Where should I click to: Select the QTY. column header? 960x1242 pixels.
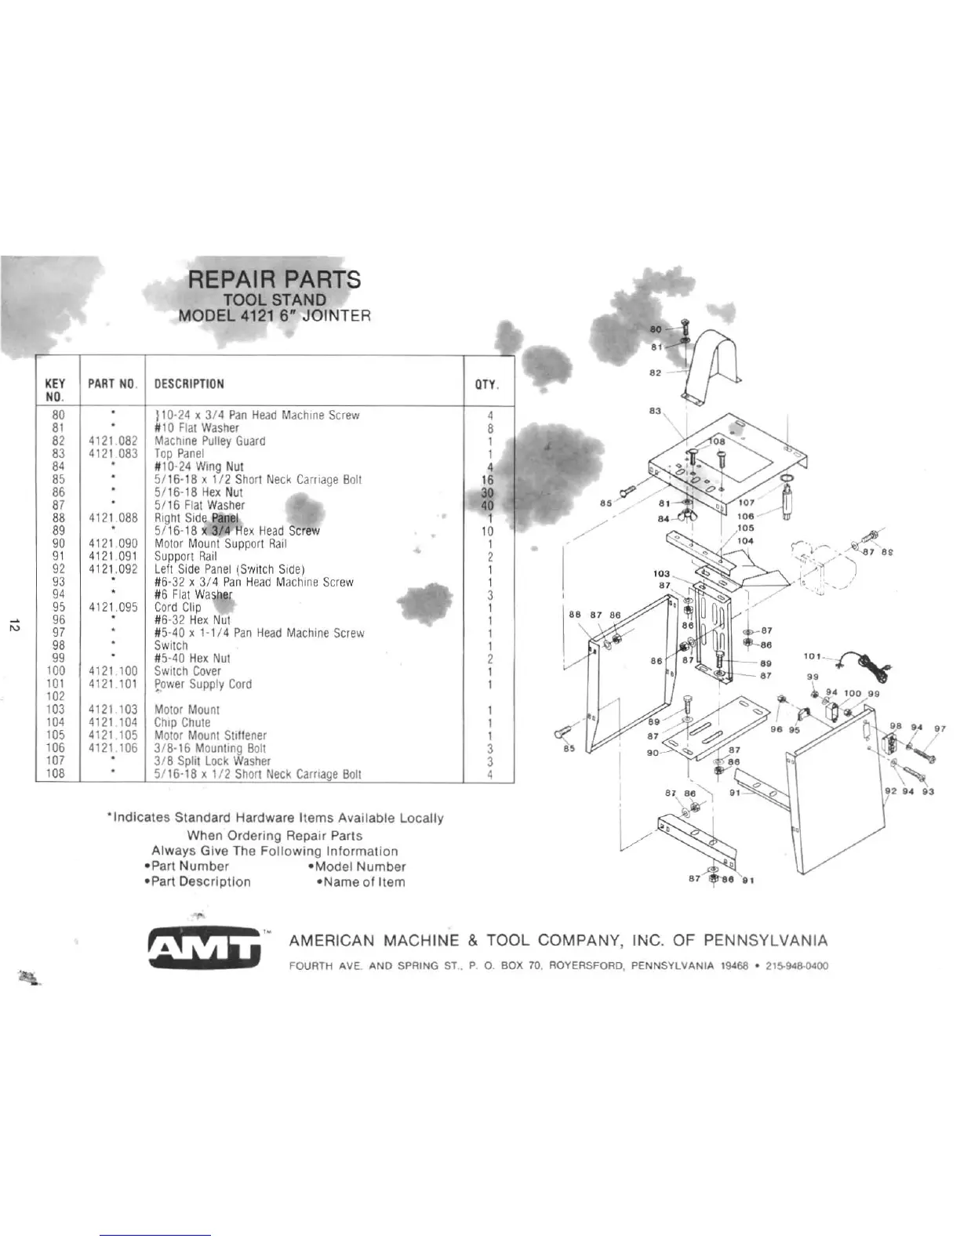click(x=488, y=384)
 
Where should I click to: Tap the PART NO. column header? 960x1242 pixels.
click(x=113, y=384)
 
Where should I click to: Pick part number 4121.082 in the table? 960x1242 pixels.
click(x=113, y=441)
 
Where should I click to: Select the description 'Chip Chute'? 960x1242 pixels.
click(x=182, y=723)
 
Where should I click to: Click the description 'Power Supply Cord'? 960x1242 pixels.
click(x=203, y=685)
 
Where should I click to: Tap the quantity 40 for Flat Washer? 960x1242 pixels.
click(x=487, y=506)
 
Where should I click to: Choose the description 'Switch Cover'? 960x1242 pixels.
click(x=187, y=671)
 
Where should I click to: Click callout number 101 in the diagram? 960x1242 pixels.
click(x=812, y=656)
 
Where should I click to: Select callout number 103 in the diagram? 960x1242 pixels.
click(x=663, y=574)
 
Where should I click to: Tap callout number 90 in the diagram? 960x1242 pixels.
click(x=653, y=752)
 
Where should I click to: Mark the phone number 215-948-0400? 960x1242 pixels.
click(x=796, y=966)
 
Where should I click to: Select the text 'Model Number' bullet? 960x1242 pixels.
click(x=357, y=867)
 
